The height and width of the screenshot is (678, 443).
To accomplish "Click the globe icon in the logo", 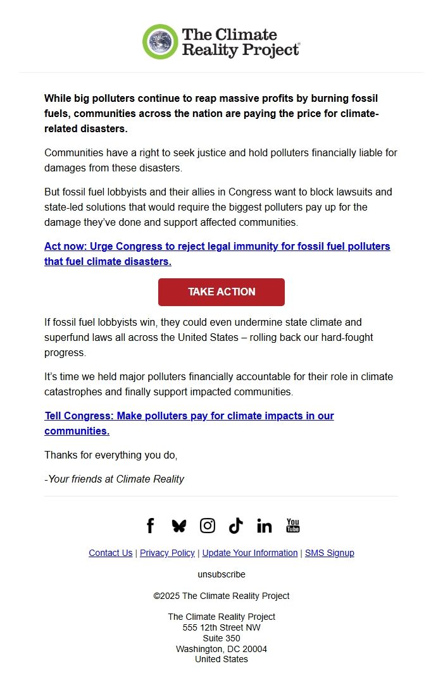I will pos(161,42).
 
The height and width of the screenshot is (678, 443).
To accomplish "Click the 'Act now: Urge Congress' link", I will pos(217,254).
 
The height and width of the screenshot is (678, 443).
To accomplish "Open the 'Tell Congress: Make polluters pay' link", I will pos(189,423).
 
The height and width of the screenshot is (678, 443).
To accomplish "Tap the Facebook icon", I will pos(150,526).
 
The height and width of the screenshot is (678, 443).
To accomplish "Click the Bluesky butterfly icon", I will pos(179,526).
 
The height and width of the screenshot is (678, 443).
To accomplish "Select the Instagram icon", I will pos(208,526).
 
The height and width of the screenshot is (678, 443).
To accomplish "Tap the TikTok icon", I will pos(236,526).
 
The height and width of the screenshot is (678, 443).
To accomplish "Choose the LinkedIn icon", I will pos(265,526).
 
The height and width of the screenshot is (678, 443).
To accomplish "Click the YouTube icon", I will pos(293,526).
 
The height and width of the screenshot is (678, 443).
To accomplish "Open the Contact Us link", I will pos(111,553).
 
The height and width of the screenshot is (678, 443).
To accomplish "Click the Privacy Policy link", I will pos(167,553).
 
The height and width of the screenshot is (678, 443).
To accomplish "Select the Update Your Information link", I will pos(250,553).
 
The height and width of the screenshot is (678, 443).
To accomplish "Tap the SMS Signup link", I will pos(330,553).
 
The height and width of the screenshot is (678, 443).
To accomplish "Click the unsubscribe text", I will pos(221,574).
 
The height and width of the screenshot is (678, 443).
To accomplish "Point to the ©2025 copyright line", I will pos(221,596).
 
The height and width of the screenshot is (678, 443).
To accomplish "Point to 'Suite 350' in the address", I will pos(221,638).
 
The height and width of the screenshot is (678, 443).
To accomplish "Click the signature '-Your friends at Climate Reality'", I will pos(114,479).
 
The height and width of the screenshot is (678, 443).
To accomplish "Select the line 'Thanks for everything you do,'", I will pos(111,455).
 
